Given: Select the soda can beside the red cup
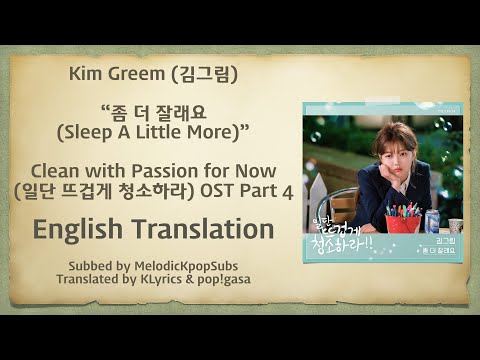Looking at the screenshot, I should (432, 220).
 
